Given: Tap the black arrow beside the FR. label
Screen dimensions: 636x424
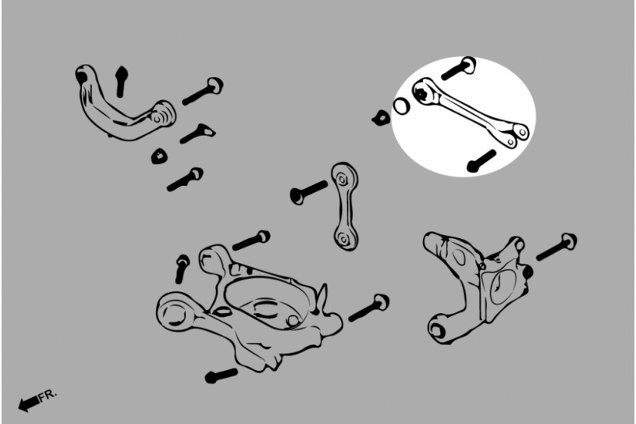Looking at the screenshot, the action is [x=29, y=403].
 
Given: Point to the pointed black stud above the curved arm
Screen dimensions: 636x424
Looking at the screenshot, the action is [x=121, y=81].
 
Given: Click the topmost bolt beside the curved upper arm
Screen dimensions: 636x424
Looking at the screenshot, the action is [x=203, y=91].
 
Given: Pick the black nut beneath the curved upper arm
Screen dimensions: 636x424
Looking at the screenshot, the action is [x=159, y=156].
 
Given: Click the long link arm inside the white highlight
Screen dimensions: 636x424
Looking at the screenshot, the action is [x=471, y=112].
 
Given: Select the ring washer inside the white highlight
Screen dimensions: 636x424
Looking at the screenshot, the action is [x=401, y=106].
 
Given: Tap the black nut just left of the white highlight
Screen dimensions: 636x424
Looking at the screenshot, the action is [x=381, y=118].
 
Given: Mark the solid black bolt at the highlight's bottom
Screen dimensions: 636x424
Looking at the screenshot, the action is [x=481, y=161].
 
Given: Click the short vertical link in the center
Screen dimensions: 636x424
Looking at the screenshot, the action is [x=345, y=206].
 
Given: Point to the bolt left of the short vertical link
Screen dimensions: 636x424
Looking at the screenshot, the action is [x=308, y=192].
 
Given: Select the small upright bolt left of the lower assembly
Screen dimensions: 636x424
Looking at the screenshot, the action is [x=182, y=269].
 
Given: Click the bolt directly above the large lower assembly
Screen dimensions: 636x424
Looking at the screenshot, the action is [x=251, y=241].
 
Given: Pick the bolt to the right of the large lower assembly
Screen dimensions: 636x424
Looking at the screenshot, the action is [x=368, y=308].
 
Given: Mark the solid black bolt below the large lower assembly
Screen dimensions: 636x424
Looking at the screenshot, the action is [x=221, y=376].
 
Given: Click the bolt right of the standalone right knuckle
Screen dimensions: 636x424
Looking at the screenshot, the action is [x=556, y=247].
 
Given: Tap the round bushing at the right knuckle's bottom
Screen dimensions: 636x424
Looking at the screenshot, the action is [x=438, y=330].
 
